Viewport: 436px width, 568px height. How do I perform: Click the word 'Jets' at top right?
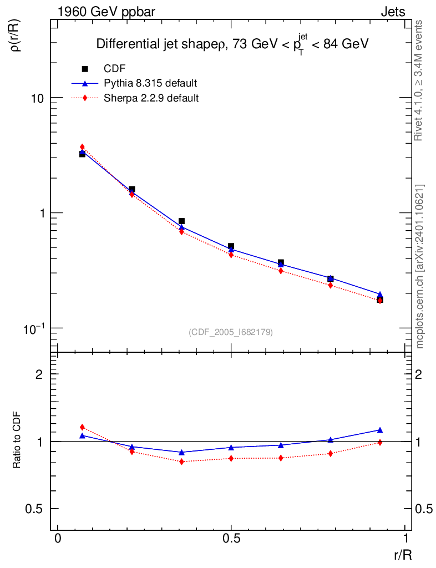click(392, 12)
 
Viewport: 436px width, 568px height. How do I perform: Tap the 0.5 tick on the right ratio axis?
click(423, 509)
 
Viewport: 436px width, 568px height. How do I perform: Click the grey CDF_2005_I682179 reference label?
click(231, 332)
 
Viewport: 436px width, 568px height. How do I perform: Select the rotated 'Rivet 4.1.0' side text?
click(419, 80)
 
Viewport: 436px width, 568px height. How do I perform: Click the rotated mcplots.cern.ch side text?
click(420, 266)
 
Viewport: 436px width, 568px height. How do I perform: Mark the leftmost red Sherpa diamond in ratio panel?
click(82, 427)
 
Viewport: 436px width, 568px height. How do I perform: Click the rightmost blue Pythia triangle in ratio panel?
click(380, 430)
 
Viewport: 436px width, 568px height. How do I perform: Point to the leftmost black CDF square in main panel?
click(82, 154)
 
